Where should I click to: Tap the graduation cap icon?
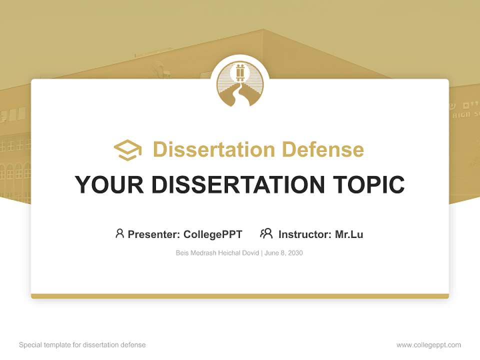(x=127, y=150)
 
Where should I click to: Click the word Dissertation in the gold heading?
(x=213, y=149)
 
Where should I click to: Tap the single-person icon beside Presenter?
(x=119, y=233)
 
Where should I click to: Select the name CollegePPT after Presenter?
(x=212, y=234)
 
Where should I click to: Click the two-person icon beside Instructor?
(x=266, y=233)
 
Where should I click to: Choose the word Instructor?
(x=304, y=234)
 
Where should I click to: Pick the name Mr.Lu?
(x=349, y=234)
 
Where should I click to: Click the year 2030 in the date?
(x=295, y=253)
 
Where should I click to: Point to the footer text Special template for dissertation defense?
(x=82, y=345)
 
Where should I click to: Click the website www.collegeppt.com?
(x=428, y=345)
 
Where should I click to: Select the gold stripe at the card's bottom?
(x=240, y=296)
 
